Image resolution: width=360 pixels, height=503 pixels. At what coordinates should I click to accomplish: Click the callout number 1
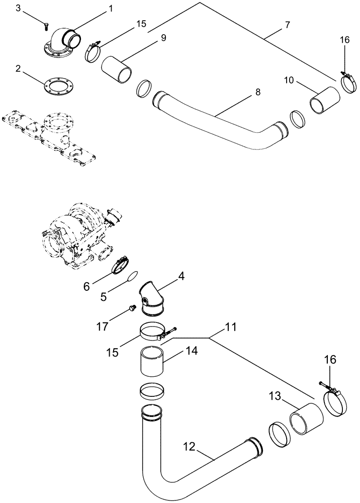110,9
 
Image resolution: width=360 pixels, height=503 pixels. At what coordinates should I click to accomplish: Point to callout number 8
258,92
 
